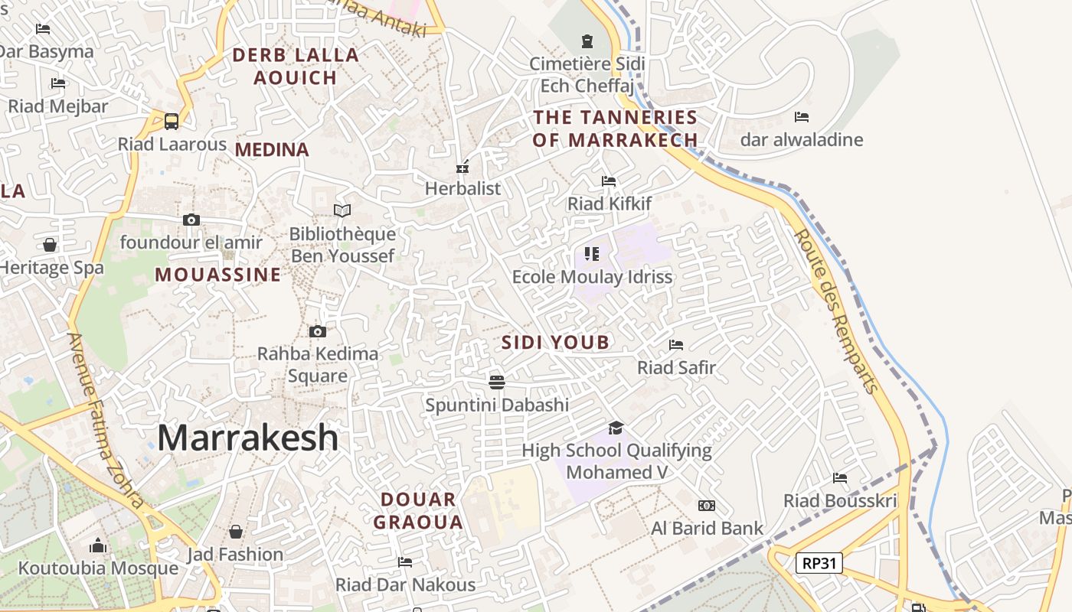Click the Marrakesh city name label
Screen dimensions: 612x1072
(247, 438)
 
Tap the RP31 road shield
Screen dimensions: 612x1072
(819, 564)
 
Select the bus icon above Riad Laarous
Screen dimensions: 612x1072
(172, 121)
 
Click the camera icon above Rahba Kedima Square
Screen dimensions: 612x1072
(318, 331)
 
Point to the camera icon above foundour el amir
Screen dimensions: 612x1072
(191, 220)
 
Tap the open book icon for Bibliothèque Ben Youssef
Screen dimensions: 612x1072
(342, 210)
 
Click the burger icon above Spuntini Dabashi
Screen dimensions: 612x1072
(497, 382)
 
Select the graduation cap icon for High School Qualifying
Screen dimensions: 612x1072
(616, 428)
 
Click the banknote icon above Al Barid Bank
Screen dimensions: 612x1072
(707, 506)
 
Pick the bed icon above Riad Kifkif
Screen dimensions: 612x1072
(609, 181)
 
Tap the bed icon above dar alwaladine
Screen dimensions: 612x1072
(802, 117)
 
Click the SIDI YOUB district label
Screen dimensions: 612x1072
(555, 343)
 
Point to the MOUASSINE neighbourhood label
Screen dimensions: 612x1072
(218, 275)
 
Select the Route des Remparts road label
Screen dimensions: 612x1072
(836, 310)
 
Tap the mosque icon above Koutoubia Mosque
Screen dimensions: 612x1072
(98, 545)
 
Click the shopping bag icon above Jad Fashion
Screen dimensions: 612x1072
(236, 531)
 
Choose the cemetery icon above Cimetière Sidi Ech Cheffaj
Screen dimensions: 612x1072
(587, 41)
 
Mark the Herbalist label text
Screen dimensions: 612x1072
(462, 188)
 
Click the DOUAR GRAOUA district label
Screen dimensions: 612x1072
(422, 511)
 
